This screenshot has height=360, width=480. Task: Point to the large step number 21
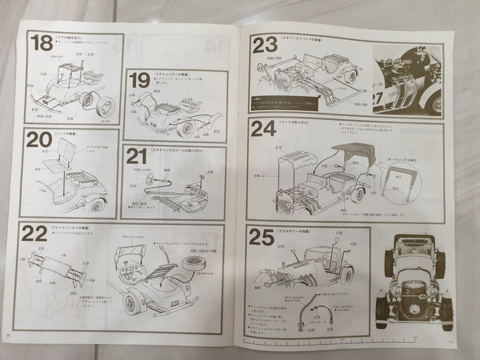[136, 157]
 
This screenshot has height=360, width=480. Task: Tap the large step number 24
[263, 128]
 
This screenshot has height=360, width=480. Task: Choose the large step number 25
[261, 238]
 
